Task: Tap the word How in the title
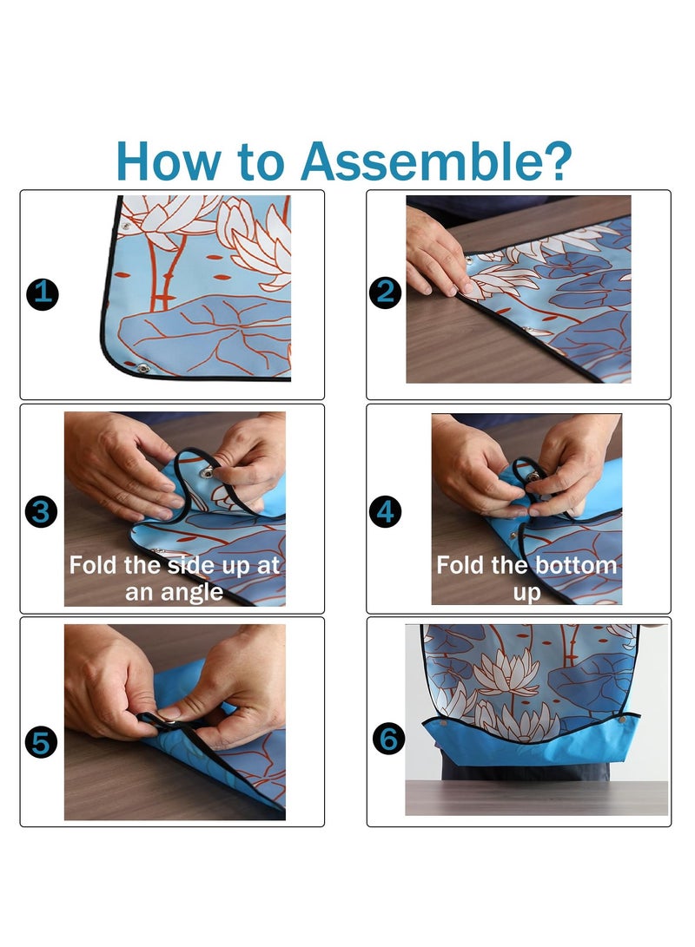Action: (x=169, y=161)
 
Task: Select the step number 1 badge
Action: (x=43, y=294)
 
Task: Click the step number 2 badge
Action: (x=386, y=293)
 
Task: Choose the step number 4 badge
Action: (x=386, y=511)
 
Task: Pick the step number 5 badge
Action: (x=41, y=742)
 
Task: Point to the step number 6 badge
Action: (x=388, y=739)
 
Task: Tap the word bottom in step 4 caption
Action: (x=577, y=565)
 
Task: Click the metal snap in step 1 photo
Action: (x=143, y=368)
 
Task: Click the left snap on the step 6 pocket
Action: (x=444, y=723)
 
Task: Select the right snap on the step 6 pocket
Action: (x=620, y=720)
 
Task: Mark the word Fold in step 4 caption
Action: (x=461, y=565)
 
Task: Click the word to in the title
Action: (x=261, y=162)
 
